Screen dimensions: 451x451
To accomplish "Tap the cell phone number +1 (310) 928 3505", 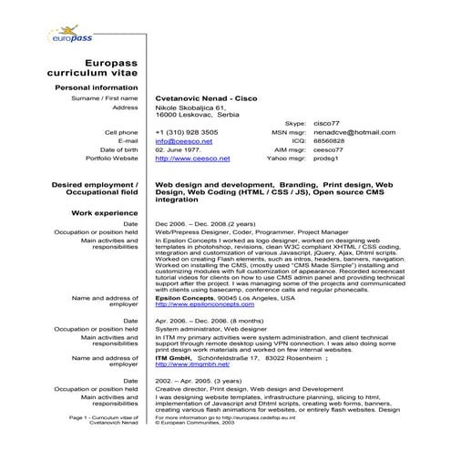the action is pos(187,132).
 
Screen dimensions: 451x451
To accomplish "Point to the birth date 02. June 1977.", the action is pos(178,149).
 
